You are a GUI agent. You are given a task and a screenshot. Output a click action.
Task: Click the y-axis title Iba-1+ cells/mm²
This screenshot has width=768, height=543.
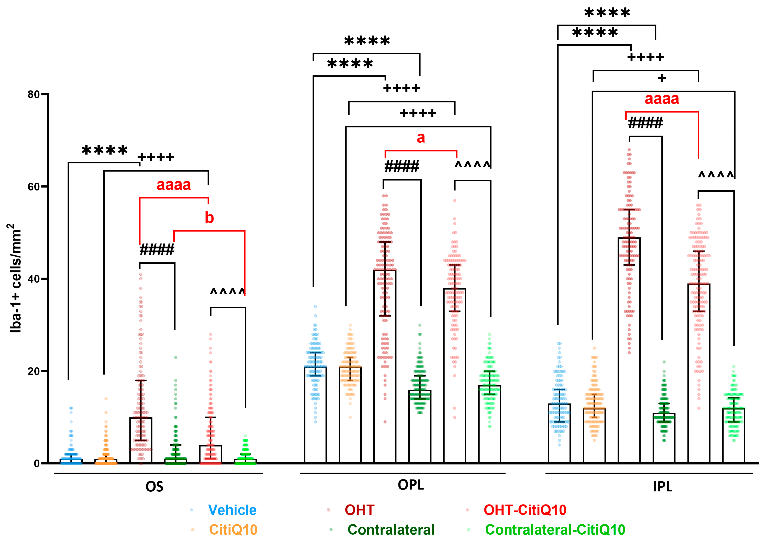coord(15,278)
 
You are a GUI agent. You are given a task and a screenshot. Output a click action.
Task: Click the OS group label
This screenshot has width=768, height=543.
coord(154,487)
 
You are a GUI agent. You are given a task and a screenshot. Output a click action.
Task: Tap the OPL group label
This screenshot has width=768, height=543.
coord(411,485)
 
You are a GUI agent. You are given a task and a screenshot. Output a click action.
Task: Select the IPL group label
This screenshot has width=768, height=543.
coord(663,487)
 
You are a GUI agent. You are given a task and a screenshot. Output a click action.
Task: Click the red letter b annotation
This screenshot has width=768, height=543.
coord(209,218)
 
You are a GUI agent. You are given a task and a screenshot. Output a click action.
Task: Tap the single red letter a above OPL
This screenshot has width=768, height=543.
coord(421,138)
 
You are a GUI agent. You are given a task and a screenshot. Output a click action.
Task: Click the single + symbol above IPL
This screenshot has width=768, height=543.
coord(662,78)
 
